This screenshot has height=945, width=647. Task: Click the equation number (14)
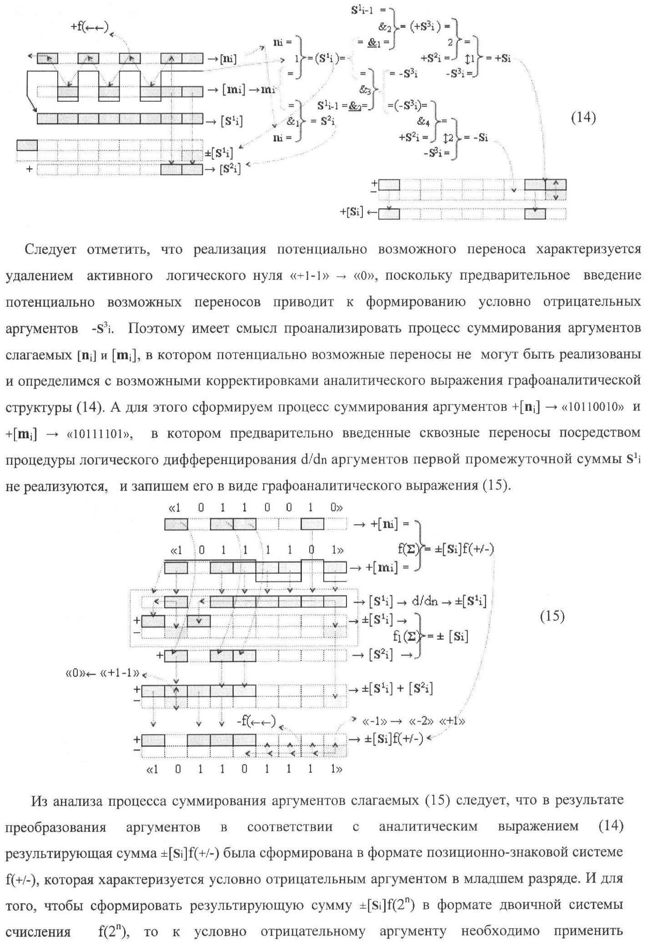(583, 118)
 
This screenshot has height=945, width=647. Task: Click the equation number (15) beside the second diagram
(552, 617)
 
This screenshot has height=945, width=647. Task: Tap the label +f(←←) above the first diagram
(90, 27)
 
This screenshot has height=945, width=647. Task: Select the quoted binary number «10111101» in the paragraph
(100, 434)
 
